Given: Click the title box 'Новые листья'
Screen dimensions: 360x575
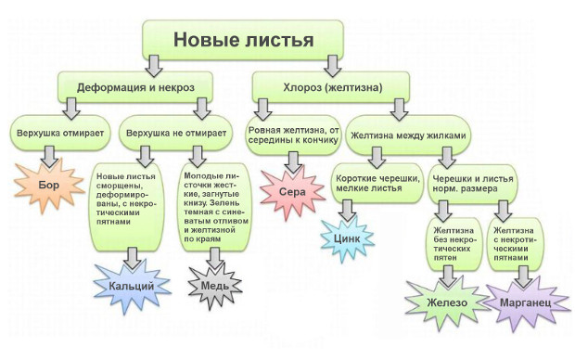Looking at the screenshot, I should [244, 38].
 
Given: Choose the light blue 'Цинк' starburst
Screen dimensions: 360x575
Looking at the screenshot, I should [347, 238].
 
